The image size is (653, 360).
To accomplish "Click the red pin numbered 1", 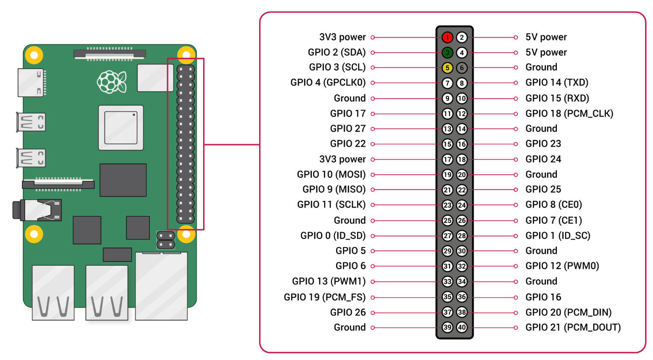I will pos(447,37).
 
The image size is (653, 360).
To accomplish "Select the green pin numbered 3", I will pos(447,52).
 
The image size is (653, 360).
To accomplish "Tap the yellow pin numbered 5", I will pos(447,68).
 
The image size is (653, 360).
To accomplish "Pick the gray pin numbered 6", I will pos(462,68).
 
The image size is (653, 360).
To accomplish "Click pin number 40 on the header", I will pos(462,327).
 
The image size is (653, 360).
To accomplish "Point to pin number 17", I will pos(447,159).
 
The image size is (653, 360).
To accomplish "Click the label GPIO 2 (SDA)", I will pos(337,52).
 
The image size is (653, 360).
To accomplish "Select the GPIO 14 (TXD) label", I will pos(557,83).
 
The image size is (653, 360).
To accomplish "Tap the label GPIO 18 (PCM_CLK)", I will pos(569,113).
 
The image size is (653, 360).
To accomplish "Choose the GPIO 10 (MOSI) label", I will pos(331,175).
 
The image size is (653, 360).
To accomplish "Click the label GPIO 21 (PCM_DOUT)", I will pos(573,327).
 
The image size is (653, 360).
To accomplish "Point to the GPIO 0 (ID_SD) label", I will pos(333,235).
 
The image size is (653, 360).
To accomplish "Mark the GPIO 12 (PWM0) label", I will pos(562,266).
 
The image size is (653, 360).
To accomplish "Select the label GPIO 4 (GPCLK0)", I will pos(328,83).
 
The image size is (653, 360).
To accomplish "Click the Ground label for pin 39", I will pos(350,327).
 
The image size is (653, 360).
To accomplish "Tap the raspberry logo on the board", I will pos(111,81).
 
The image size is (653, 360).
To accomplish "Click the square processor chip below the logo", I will pos(120,127).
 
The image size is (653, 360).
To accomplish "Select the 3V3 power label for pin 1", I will pos(343,37).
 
